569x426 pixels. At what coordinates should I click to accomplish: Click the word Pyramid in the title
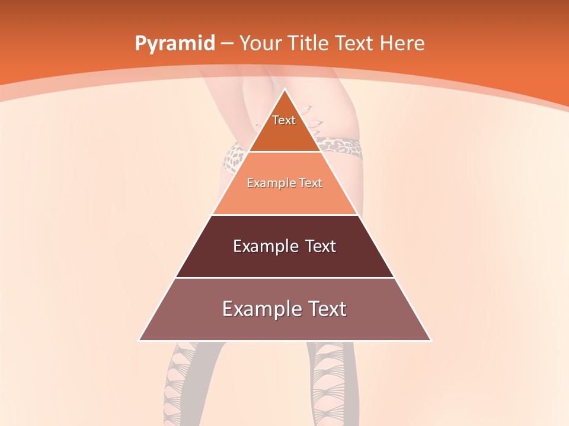[x=175, y=44]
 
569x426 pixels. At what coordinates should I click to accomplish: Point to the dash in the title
[x=227, y=44]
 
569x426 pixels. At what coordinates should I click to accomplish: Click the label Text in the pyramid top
[x=284, y=120]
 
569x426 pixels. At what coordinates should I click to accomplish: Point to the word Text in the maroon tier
[x=320, y=246]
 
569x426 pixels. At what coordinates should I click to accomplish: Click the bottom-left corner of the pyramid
[x=139, y=340]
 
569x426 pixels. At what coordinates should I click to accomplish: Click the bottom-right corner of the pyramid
[x=431, y=340]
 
